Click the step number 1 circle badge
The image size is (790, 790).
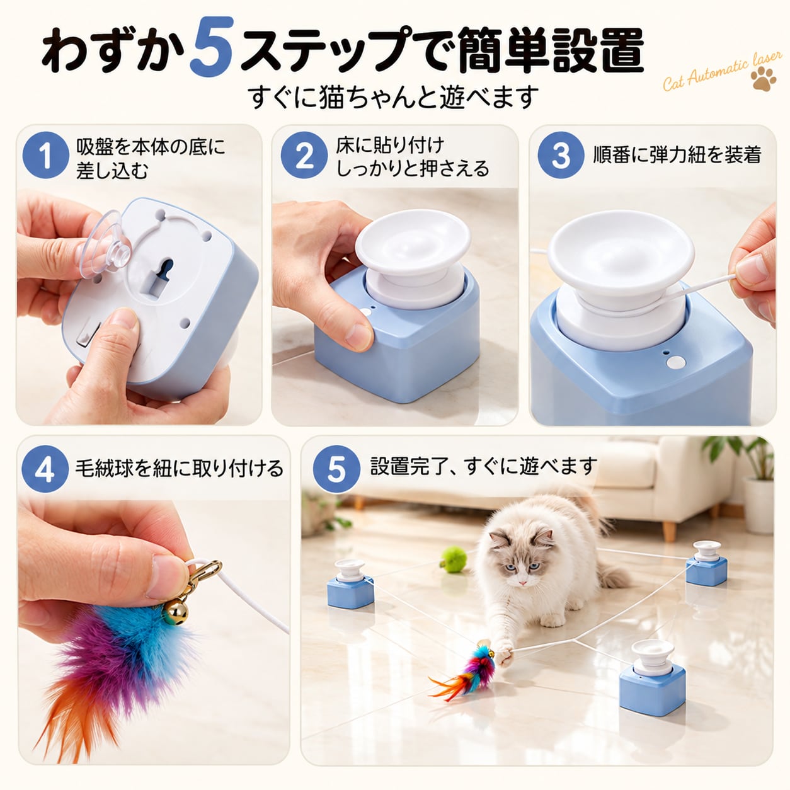click(45, 154)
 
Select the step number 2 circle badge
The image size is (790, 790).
click(304, 154)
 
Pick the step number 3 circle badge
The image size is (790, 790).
click(561, 154)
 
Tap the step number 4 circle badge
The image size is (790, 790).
click(45, 469)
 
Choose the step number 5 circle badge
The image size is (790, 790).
click(336, 469)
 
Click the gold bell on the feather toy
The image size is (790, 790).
click(176, 612)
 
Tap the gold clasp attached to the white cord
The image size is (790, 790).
click(203, 574)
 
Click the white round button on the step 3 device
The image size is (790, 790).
click(675, 362)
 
